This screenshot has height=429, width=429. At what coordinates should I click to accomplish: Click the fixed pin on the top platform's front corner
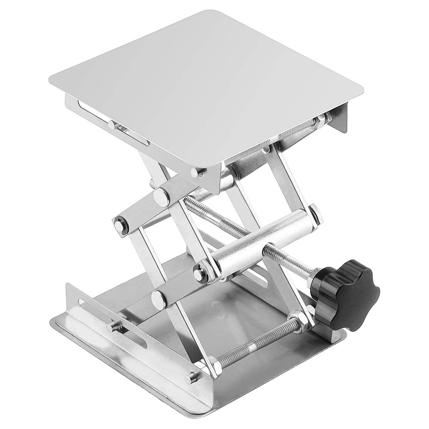click(x=198, y=172)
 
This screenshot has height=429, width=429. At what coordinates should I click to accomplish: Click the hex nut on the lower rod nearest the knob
click(x=296, y=319)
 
